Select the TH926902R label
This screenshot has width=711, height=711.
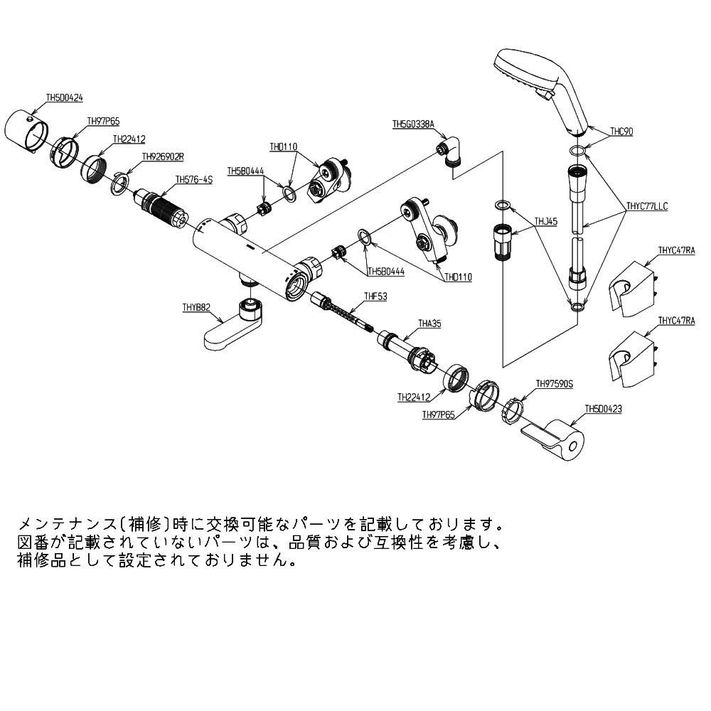[163, 156]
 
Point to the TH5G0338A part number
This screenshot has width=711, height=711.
[413, 124]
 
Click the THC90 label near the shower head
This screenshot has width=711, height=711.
[621, 132]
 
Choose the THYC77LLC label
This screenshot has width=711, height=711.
[647, 207]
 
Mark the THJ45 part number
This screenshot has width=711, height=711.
[546, 222]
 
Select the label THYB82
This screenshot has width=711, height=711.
[196, 308]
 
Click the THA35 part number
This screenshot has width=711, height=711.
[429, 323]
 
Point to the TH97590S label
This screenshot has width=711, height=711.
[554, 383]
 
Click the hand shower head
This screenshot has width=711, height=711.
[540, 85]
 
